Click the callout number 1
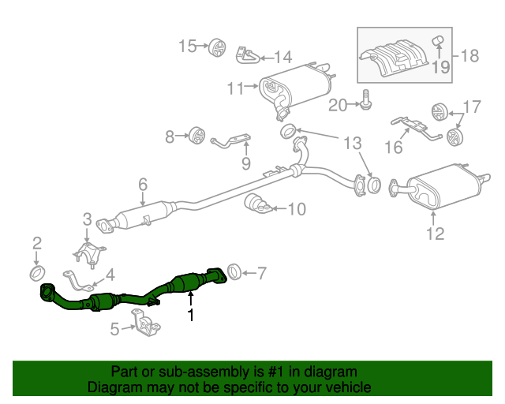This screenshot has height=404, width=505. pos(189,315)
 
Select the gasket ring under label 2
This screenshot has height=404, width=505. pos(36,273)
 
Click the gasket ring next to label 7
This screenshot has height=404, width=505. pos(234,273)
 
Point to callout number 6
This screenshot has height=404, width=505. pos(142,185)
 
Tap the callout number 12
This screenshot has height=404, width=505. pos(435,233)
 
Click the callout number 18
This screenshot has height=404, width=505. pos(469,56)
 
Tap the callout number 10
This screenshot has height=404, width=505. pos(295,209)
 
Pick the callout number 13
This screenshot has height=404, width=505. pos(351,143)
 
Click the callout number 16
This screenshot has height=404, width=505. pos(393,148)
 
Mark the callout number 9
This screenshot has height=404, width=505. pos(245,164)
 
